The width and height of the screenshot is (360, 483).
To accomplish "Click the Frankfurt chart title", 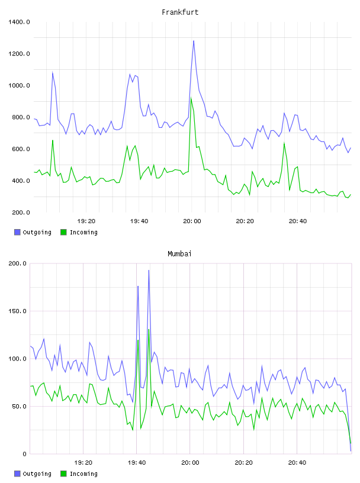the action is click(180, 12).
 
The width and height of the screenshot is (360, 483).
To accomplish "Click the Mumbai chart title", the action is click(179, 253).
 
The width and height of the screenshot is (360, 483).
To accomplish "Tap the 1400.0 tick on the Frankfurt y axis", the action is click(19, 22).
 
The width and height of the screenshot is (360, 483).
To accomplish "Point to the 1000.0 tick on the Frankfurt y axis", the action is click(19, 85).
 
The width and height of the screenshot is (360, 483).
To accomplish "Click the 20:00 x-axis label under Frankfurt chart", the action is click(192, 221).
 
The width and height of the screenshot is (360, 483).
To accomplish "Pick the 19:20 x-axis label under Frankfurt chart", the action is click(86, 221).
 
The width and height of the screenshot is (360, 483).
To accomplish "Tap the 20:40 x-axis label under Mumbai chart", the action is click(297, 462).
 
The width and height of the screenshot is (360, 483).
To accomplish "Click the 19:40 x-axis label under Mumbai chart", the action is click(137, 462).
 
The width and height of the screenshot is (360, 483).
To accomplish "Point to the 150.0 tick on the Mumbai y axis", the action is click(17, 311).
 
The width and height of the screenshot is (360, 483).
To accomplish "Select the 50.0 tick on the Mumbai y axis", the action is click(19, 406).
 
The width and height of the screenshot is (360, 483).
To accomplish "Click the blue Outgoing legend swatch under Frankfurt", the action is click(17, 232).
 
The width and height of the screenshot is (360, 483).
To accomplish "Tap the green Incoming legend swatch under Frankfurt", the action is click(63, 232).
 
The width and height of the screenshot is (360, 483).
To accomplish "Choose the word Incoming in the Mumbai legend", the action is click(83, 474).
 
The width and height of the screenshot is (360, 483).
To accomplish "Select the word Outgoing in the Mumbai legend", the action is click(37, 474).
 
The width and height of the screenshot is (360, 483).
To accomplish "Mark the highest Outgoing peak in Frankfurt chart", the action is click(194, 41).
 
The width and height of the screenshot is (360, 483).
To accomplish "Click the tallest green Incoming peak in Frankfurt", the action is click(191, 98).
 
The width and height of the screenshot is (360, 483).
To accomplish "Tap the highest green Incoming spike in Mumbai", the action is click(149, 330).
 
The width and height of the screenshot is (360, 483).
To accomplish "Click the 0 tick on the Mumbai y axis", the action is click(25, 454).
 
